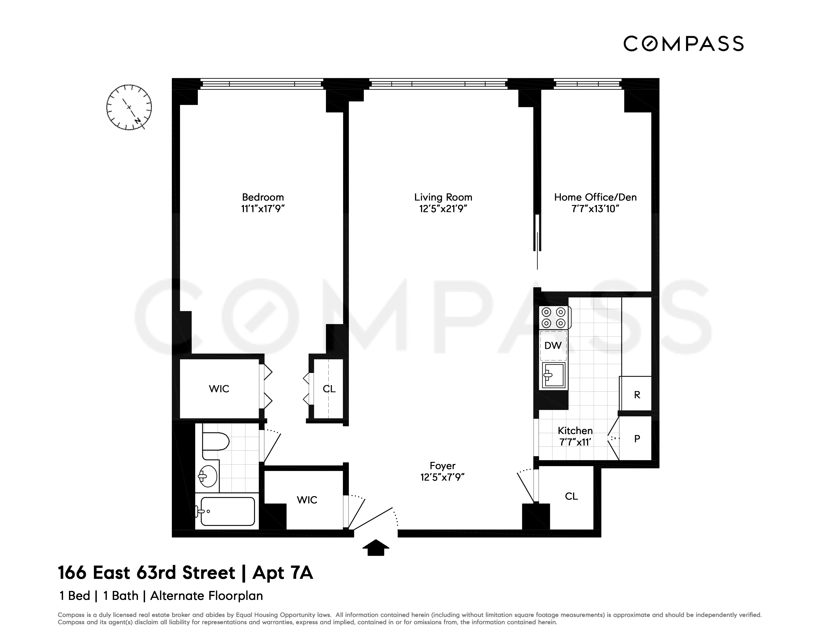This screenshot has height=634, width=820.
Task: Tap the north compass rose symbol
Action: coord(129,107)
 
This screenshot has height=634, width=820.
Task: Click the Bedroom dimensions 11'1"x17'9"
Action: coord(263,209)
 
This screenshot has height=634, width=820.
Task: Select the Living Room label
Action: coord(443,197)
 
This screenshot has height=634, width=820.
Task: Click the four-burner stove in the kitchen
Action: coord(554,317)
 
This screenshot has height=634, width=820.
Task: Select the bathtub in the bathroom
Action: coord(227,511)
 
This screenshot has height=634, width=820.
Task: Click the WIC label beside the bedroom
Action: coord(219,389)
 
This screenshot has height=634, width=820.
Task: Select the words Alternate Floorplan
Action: coord(206,596)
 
